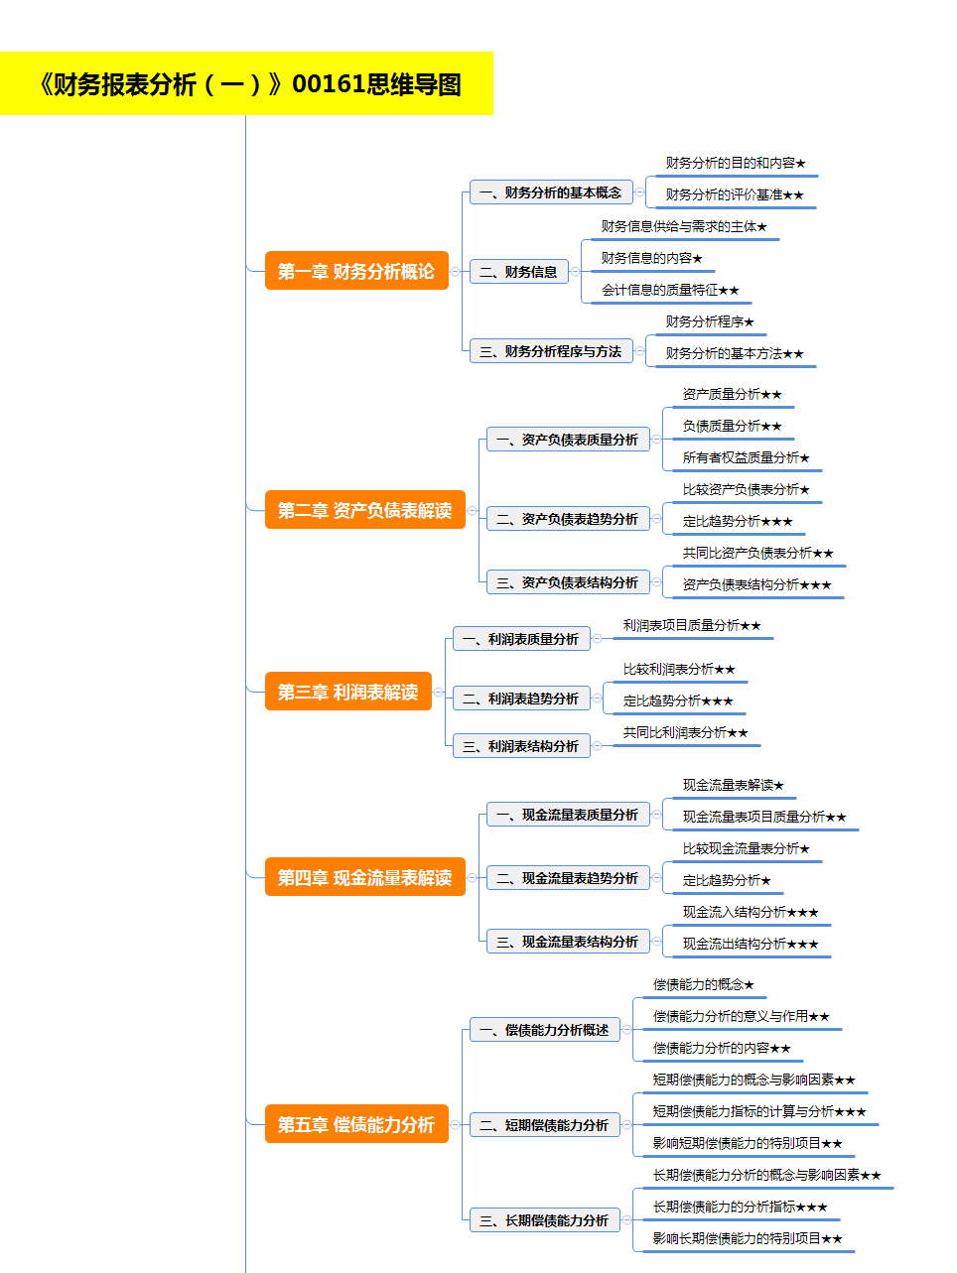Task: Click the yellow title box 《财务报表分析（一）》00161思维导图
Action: (x=246, y=83)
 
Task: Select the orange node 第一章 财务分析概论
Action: (x=356, y=270)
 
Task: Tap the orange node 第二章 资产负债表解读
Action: (x=364, y=510)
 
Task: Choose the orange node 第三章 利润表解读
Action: (x=348, y=692)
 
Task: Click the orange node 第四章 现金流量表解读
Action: (x=364, y=877)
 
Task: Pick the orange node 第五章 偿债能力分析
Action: (x=356, y=1124)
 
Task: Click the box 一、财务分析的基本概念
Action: (x=551, y=191)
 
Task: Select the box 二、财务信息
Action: (x=518, y=272)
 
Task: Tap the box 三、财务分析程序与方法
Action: (x=551, y=351)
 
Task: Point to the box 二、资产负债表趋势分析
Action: (x=568, y=519)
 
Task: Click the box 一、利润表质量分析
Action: (x=521, y=639)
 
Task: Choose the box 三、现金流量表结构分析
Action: (x=568, y=942)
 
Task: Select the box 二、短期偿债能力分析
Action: (x=545, y=1124)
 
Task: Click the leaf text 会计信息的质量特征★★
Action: (x=670, y=290)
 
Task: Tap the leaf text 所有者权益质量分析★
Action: (x=746, y=457)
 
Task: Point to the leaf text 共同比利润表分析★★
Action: (x=686, y=732)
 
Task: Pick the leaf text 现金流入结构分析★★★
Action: (x=751, y=912)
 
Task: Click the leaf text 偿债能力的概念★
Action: (x=704, y=984)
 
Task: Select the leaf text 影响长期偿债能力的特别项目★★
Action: (x=748, y=1238)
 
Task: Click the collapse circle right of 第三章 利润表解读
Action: (x=439, y=692)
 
